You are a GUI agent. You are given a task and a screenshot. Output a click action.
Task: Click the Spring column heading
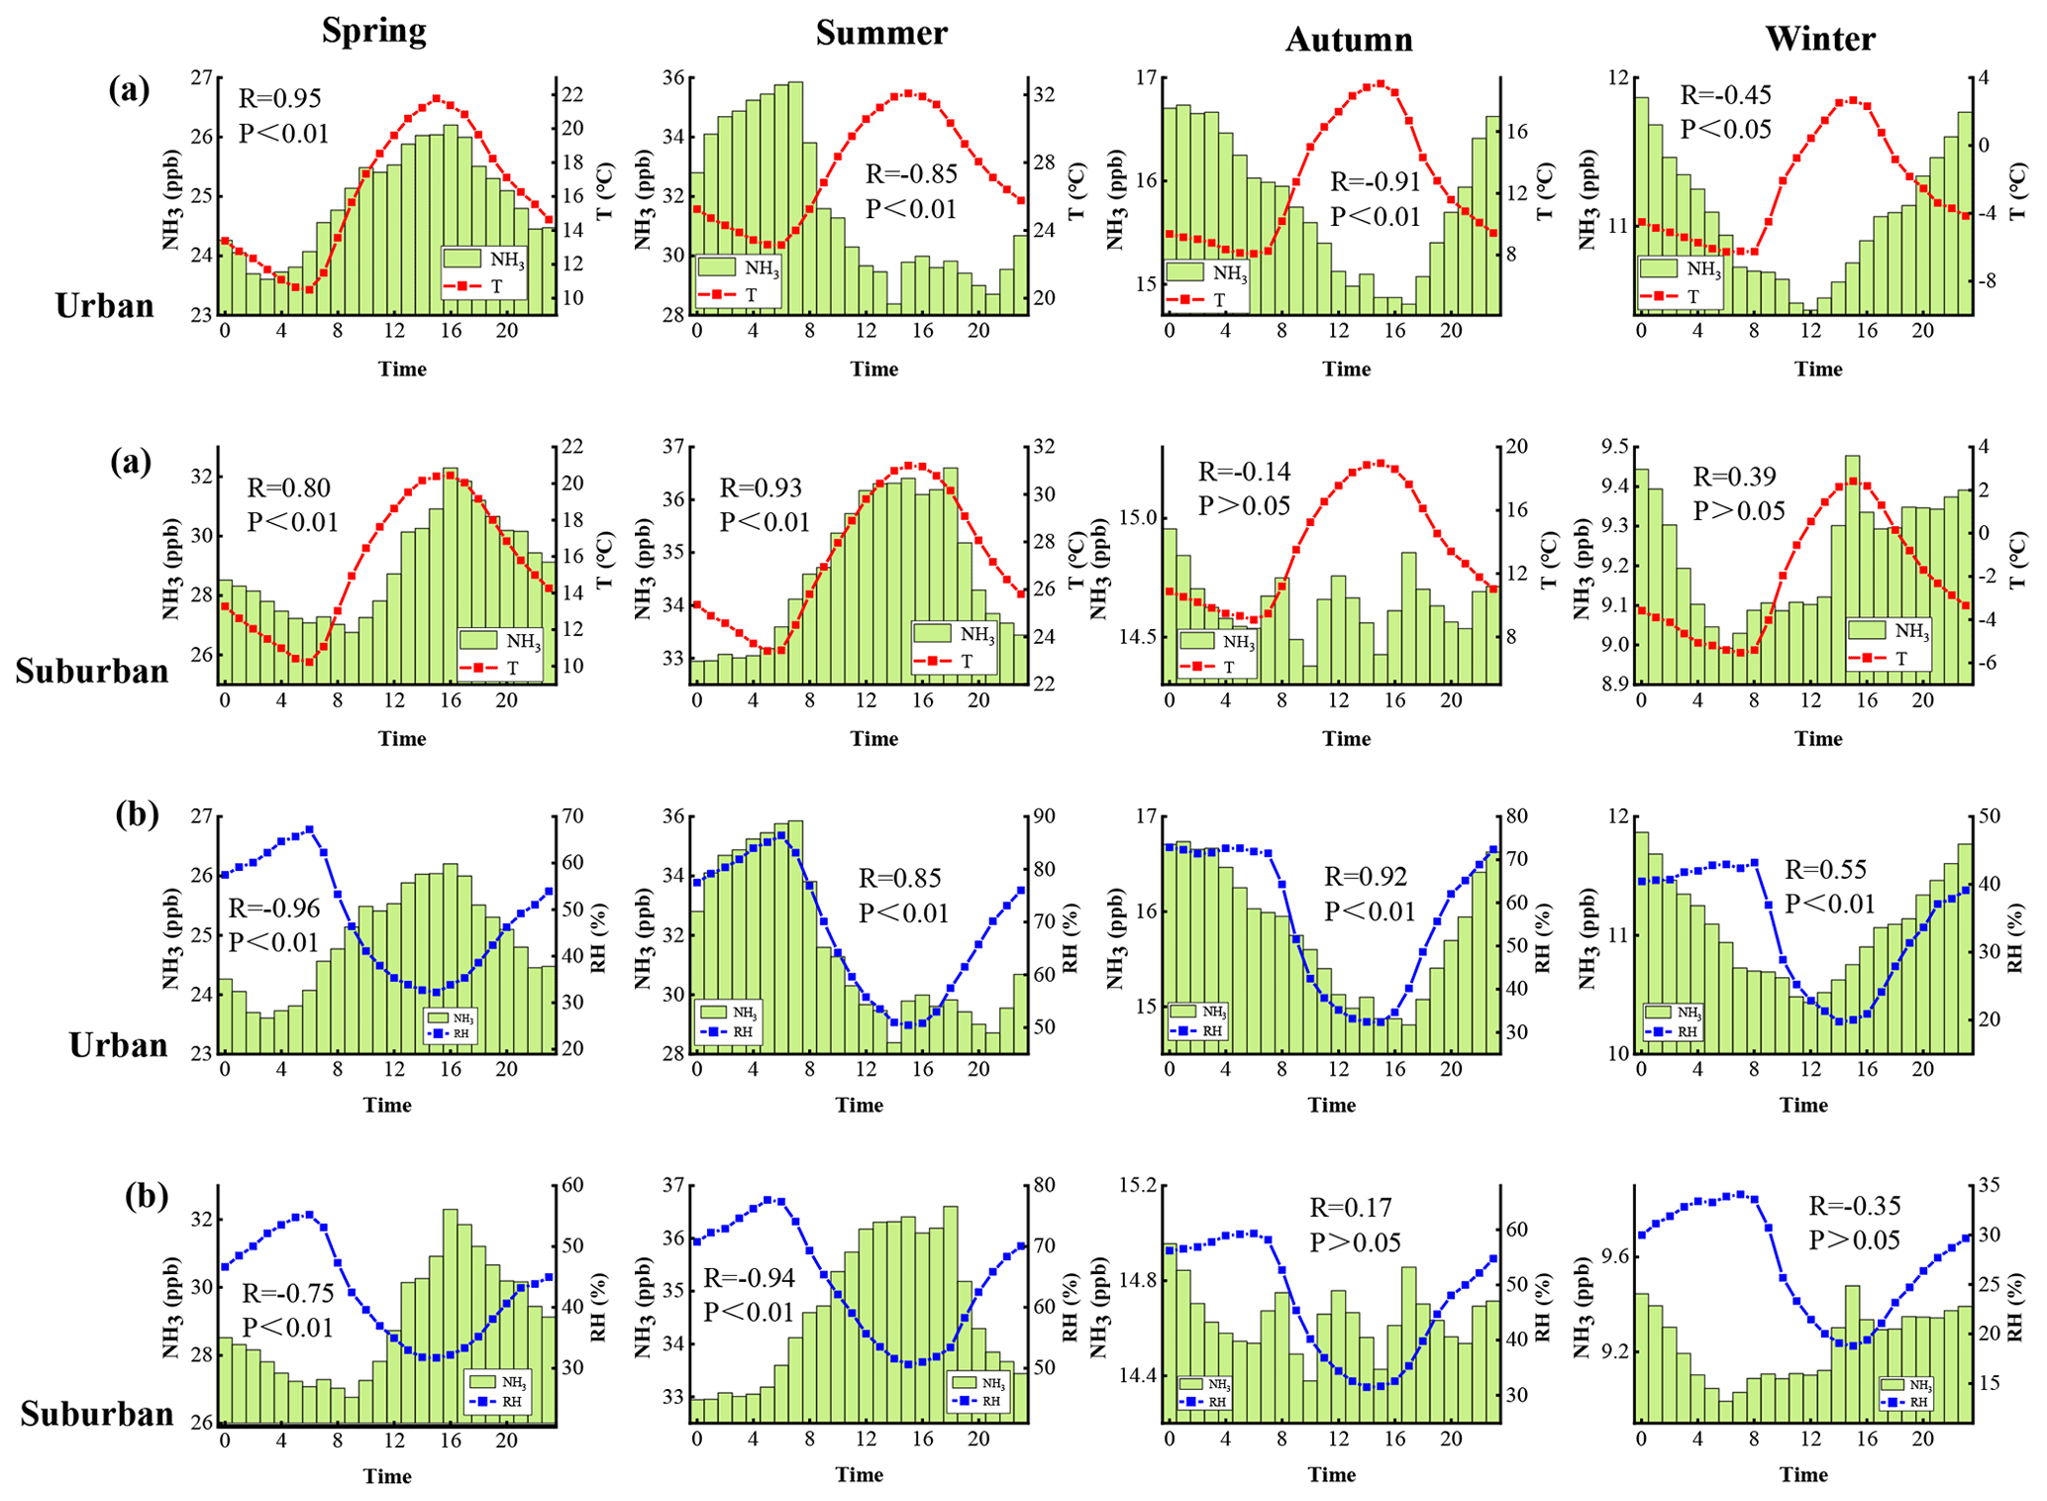373,31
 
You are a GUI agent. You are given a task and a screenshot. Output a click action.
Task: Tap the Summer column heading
880,33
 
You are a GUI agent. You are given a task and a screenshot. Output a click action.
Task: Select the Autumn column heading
1348,40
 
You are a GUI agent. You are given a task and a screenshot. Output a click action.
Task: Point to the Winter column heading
1819,39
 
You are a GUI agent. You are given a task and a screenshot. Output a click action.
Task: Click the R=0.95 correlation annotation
280,98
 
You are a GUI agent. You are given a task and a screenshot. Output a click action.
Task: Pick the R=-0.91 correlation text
1375,182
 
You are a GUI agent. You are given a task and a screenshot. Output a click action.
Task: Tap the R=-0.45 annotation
1725,95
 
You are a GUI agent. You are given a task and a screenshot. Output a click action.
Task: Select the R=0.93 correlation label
761,487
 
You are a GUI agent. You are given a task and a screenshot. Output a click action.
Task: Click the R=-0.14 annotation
1244,472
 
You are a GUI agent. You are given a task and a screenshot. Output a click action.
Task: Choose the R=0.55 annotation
1825,870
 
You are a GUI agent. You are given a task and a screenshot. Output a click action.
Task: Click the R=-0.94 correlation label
749,1278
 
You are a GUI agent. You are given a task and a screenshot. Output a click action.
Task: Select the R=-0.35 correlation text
1854,1206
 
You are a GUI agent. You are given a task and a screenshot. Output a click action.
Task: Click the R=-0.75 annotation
288,1293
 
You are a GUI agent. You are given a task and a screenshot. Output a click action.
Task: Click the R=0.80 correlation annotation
288,487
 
